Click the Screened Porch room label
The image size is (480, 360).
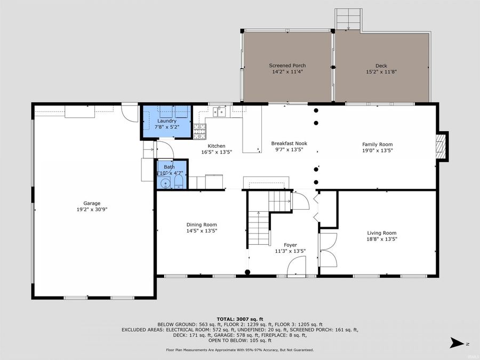(287, 66)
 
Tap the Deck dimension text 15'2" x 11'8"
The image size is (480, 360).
(381, 71)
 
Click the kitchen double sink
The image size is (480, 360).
(219, 111)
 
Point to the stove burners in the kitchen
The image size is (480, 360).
(200, 130)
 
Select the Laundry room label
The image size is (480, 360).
(166, 121)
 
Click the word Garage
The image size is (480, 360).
(92, 203)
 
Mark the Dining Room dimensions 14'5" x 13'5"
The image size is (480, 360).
(202, 231)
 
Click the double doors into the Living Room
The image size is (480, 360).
(327, 251)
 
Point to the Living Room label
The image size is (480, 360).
(381, 233)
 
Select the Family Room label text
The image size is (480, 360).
(377, 145)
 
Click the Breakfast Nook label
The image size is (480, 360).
(289, 143)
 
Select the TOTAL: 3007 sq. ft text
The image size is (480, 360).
(239, 318)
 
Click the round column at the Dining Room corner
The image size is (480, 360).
(247, 273)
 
